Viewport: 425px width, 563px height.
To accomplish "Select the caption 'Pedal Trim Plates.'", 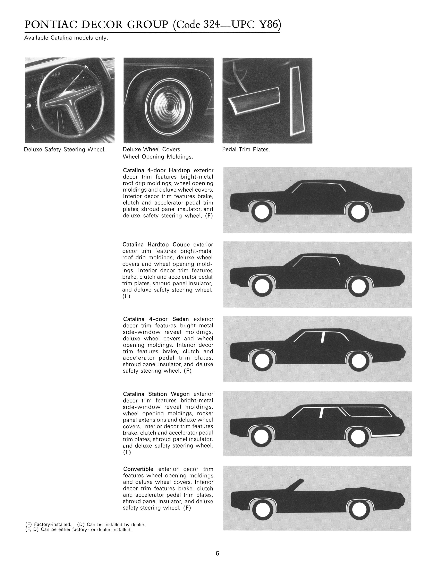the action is click(246, 149).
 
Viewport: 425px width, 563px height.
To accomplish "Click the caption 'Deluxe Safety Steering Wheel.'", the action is click(65, 149).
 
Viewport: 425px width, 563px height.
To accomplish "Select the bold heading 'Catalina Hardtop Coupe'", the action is click(156, 245).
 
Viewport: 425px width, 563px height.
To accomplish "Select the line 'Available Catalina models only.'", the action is click(66, 38).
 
